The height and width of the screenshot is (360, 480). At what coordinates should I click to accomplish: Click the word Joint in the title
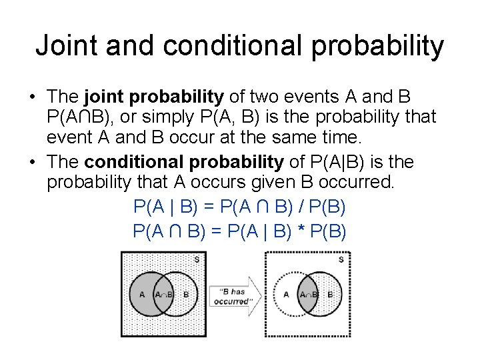pyautogui.click(x=64, y=46)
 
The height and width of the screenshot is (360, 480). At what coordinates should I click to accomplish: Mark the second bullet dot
pyautogui.click(x=32, y=163)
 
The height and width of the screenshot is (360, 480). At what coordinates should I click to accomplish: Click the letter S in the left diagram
pyautogui.click(x=196, y=260)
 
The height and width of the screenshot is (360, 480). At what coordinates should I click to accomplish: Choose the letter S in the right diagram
pyautogui.click(x=341, y=260)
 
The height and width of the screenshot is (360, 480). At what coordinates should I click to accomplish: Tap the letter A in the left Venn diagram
pyautogui.click(x=141, y=294)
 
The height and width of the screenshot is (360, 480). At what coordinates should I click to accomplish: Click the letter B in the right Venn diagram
pyautogui.click(x=330, y=294)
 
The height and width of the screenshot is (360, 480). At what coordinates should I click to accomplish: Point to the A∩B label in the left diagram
pyautogui.click(x=163, y=294)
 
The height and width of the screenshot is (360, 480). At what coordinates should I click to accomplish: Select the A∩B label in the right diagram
pyautogui.click(x=309, y=294)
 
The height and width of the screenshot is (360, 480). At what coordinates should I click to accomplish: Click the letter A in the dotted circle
pyautogui.click(x=286, y=294)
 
